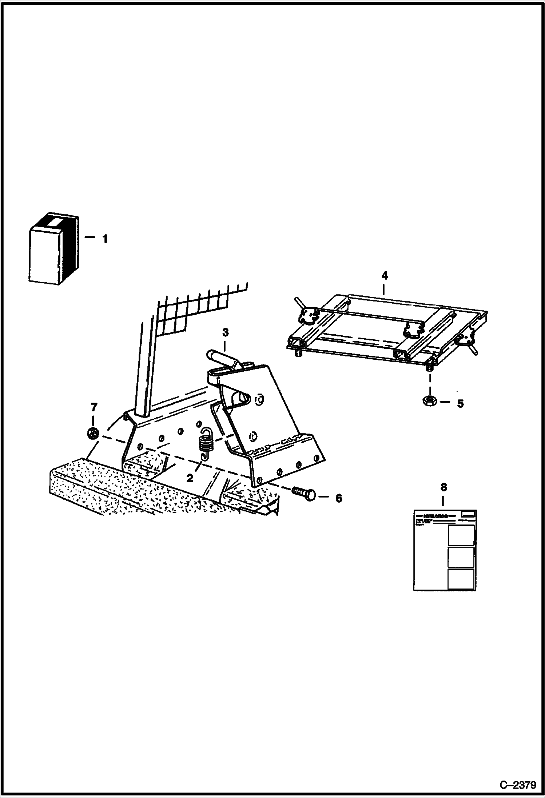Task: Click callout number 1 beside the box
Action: tap(105, 239)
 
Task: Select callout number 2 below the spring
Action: tap(190, 478)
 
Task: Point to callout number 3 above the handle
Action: tap(225, 332)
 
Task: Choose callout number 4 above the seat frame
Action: tap(385, 276)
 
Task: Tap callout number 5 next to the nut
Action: tap(460, 404)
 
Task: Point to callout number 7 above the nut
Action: tap(94, 406)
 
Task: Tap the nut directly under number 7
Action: tap(93, 433)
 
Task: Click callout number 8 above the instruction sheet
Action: tap(443, 487)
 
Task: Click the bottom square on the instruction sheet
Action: tap(461, 579)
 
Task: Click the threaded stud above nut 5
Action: tap(430, 367)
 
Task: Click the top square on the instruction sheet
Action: tap(461, 535)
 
